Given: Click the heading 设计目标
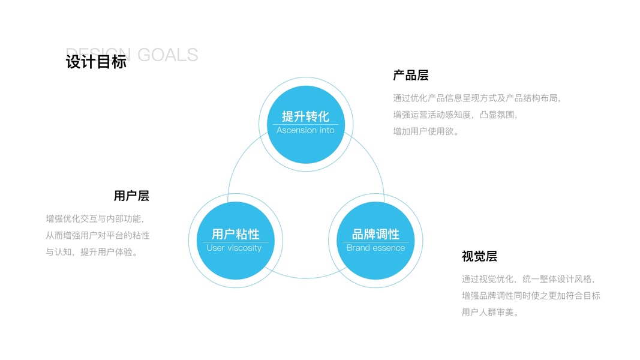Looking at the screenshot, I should coord(96,62).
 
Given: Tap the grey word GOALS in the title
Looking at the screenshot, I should coord(167,55).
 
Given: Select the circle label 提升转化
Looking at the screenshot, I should coord(305,116).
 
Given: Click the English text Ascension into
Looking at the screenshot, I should coord(305,130).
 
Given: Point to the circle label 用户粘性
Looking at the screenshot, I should coord(235,234).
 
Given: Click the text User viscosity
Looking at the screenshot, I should coord(234,248).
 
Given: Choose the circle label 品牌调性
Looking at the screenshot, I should coord(375,234).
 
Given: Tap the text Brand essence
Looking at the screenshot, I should coord(375,248).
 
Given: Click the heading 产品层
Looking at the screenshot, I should coord(411,76).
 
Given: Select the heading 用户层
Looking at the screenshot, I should coord(131,196).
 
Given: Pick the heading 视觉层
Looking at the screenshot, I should coord(479,256).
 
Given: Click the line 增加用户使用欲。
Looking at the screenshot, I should coord(426,131).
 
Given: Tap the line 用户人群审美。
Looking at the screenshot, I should coord(490,313).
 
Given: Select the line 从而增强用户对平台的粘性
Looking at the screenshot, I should coord(98,235).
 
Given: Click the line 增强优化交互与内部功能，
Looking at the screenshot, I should coord(95,218).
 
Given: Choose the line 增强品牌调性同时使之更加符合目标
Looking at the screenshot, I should coord(531,296).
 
